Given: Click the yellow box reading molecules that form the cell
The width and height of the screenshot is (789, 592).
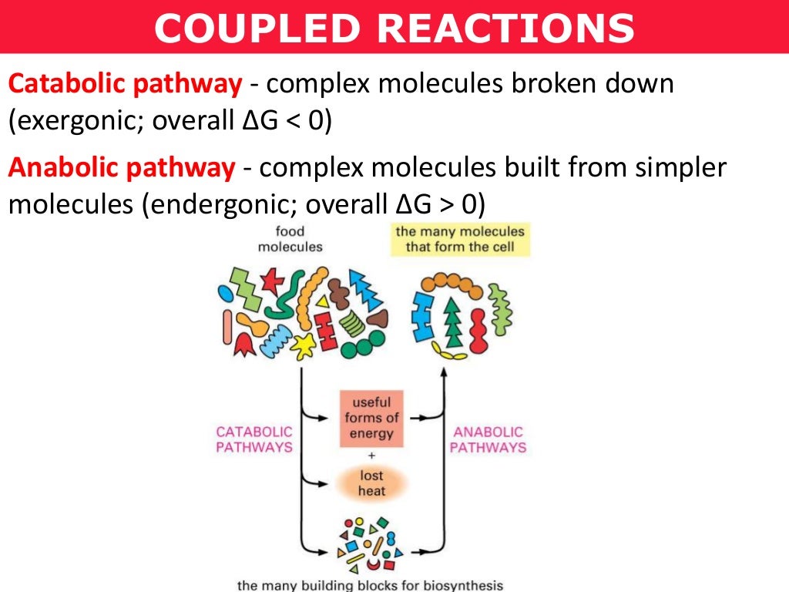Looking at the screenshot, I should [460, 239].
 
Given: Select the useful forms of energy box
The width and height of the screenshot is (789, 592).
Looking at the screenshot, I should [371, 418].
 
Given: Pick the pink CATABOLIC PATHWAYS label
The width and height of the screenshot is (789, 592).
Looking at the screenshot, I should [253, 439].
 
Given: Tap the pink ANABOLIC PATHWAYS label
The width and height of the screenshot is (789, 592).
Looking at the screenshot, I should [488, 439].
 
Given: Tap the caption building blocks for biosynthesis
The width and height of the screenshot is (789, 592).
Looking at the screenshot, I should [371, 585].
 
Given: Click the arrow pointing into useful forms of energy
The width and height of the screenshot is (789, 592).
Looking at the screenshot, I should [324, 417].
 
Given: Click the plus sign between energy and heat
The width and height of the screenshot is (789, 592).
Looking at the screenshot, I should [371, 455].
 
